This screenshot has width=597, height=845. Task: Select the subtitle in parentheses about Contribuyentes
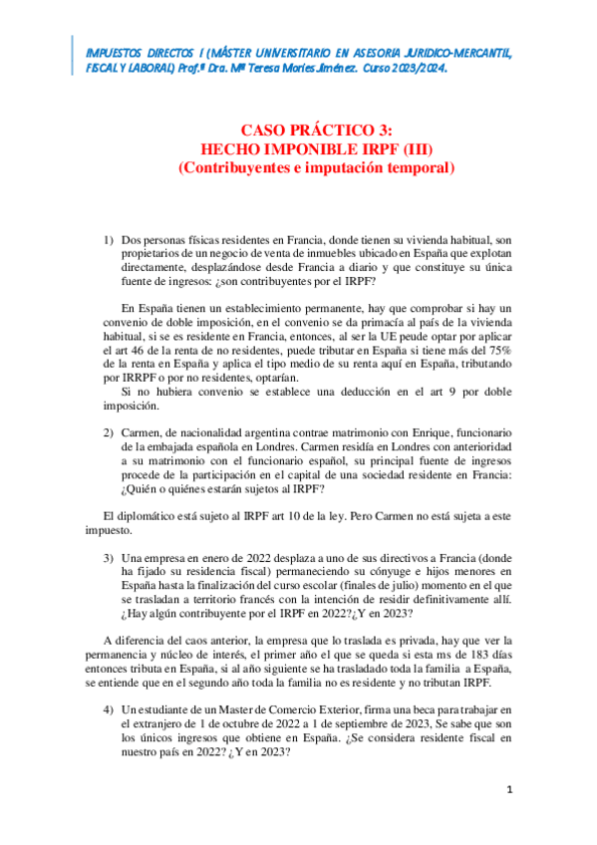click(x=317, y=168)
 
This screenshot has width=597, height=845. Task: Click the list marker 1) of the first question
click(x=110, y=241)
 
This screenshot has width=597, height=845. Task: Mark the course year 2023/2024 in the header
click(x=413, y=72)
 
